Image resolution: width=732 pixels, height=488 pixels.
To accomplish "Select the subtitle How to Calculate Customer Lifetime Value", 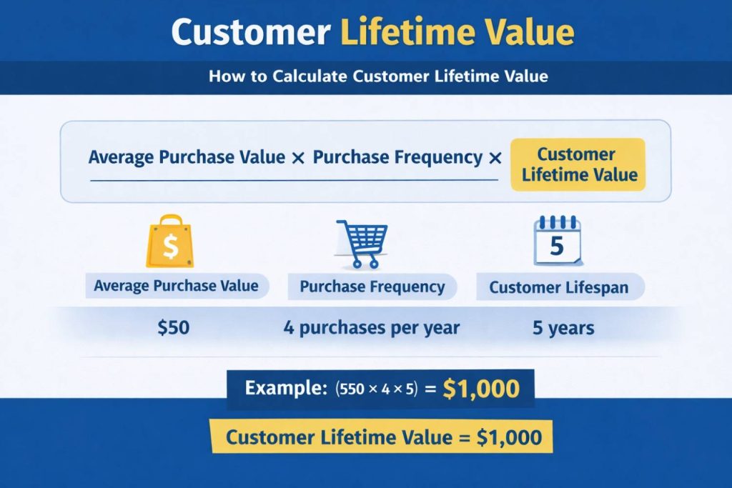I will (x=378, y=76).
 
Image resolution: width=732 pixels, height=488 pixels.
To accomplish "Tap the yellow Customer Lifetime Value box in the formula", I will (x=578, y=164).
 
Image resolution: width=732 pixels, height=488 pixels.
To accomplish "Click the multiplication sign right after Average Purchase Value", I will (x=299, y=158).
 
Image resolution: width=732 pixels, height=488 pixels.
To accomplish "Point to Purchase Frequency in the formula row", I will (x=397, y=157).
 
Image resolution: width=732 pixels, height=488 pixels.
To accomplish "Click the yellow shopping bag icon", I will (x=170, y=243).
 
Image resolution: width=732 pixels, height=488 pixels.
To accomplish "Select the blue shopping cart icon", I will (x=362, y=243).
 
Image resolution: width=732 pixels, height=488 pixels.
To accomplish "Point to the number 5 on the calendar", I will (x=557, y=247).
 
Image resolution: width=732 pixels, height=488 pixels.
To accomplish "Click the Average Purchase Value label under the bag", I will (x=176, y=286).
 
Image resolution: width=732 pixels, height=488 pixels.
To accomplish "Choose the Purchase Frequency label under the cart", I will (x=372, y=287).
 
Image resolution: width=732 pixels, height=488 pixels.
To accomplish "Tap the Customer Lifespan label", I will (x=559, y=288).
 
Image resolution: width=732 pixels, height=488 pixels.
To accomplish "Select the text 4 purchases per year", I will (x=372, y=328).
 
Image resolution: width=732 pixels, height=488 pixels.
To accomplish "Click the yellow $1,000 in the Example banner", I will (x=480, y=388).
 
